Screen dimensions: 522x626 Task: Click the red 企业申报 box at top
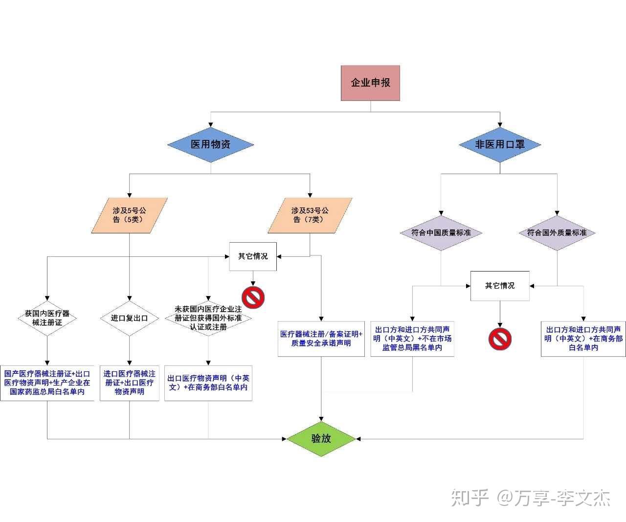coord(370,83)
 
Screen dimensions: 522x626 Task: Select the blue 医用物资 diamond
coord(210,144)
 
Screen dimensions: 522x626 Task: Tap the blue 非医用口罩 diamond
coord(500,144)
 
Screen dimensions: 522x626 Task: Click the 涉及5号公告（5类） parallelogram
coord(130,215)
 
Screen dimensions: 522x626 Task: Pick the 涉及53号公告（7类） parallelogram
coord(310,215)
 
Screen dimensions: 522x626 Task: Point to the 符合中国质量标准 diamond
coord(441,233)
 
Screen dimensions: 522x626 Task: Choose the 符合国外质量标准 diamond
coord(557,233)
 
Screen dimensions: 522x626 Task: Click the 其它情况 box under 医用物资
coord(253,256)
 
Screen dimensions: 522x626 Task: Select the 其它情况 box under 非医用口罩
coord(500,286)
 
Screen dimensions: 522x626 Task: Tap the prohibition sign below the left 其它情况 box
coord(253,297)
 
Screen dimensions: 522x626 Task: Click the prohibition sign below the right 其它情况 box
coord(500,339)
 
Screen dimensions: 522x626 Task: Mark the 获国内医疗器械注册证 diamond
coord(47,318)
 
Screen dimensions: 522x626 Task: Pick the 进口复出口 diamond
coord(129,318)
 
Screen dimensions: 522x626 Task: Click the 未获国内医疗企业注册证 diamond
coord(208,318)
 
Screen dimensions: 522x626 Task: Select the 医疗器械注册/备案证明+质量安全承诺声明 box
coord(321,339)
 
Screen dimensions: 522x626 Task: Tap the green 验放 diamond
coord(321,438)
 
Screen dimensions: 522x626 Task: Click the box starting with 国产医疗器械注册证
coord(47,383)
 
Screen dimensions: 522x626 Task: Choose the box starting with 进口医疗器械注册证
coord(129,383)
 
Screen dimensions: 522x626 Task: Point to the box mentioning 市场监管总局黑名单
coord(412,339)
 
